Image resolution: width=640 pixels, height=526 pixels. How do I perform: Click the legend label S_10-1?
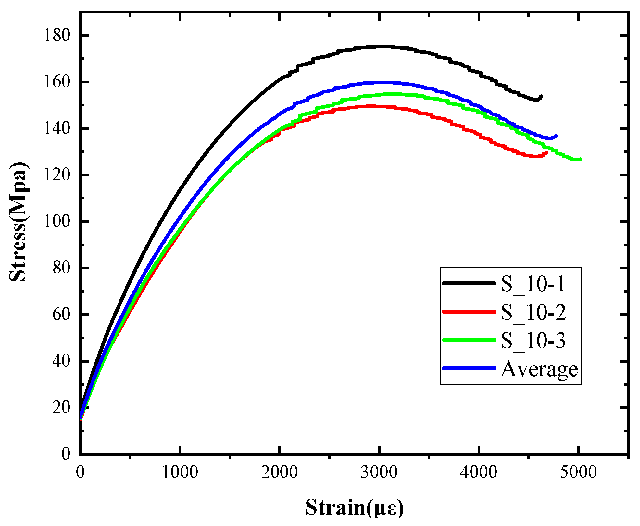point(533,284)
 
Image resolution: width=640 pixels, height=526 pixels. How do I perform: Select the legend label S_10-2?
point(533,312)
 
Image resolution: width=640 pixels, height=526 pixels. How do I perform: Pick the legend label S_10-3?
point(533,341)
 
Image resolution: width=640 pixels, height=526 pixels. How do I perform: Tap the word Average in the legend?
point(539,369)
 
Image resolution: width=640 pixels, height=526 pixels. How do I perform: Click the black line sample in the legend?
point(469,283)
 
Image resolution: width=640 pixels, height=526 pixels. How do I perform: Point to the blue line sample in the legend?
point(469,368)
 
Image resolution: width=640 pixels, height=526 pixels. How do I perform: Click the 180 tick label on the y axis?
point(57,35)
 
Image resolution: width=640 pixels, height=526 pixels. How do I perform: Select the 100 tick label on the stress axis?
point(57,221)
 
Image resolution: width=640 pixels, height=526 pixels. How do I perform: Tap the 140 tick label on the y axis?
point(57,128)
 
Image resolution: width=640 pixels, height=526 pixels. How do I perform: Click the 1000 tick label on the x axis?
point(180,472)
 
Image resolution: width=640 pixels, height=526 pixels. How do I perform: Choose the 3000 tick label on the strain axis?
point(379,472)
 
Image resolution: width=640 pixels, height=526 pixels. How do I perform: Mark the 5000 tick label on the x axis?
point(578,472)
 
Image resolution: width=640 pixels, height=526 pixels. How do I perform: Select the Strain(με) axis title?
point(354,508)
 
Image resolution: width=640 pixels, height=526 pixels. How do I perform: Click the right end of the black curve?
point(541,96)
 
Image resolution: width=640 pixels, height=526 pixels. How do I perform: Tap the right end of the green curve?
point(580,159)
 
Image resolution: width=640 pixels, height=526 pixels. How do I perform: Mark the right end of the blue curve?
point(556,136)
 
